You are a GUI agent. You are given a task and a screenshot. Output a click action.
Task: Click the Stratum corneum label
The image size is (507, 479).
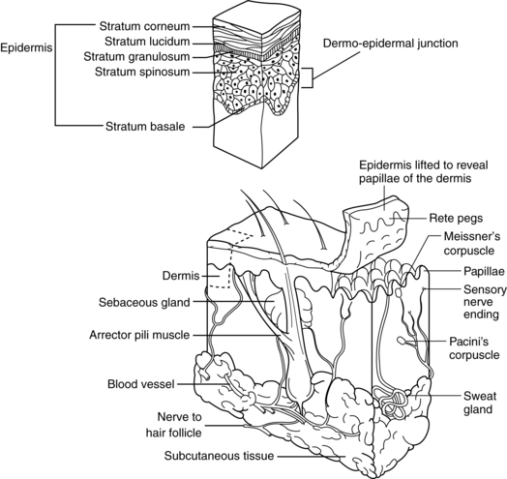point(144,26)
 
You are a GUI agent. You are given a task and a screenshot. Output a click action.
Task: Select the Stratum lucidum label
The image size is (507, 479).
point(147,42)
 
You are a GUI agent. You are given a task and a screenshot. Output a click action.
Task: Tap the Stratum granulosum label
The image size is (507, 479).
point(136,56)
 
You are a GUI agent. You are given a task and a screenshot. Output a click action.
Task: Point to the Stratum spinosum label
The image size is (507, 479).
point(142,72)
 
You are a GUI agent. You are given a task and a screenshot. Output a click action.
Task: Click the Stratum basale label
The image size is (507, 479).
point(145,126)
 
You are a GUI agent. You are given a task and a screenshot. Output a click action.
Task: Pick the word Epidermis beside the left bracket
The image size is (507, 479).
point(26,47)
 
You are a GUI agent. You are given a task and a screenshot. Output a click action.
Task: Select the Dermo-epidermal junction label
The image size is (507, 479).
point(391,44)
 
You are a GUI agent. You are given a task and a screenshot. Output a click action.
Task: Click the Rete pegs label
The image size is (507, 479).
point(456,219)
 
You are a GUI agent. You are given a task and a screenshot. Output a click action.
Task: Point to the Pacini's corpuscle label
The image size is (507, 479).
point(474,348)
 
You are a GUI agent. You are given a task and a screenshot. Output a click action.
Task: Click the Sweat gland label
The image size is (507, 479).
point(479,403)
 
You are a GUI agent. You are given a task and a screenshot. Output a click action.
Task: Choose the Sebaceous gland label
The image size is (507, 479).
point(144,303)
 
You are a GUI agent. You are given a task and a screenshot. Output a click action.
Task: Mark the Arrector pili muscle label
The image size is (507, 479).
point(139,335)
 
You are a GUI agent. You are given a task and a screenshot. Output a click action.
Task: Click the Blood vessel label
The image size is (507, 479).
point(141,384)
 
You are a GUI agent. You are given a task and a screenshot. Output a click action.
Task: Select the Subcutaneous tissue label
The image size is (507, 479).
point(220,456)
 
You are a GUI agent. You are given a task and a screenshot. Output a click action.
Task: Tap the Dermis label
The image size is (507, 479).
point(181,276)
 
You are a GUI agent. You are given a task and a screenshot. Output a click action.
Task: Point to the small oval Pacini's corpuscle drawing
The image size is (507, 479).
point(401,341)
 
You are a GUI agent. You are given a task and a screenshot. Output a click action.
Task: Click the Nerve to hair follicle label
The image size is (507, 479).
point(174,425)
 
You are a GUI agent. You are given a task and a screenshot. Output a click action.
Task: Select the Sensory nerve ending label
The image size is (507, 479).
point(485,302)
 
